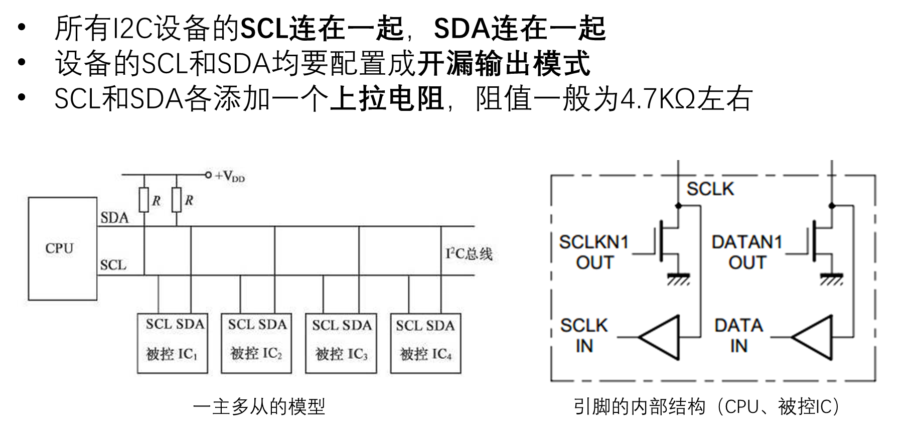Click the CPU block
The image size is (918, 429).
click(x=62, y=248)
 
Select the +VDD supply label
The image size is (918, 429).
click(x=230, y=176)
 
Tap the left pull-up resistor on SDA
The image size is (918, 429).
click(x=144, y=200)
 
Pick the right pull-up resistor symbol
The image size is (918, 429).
click(x=177, y=200)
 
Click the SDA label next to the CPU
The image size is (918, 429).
click(x=114, y=218)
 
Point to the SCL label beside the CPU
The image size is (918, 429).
click(x=113, y=265)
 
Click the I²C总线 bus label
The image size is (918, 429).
click(x=469, y=254)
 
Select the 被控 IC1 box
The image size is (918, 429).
click(x=173, y=343)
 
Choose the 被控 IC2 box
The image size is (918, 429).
click(x=256, y=343)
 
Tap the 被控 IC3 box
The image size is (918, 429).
click(x=341, y=343)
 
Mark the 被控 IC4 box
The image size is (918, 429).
click(x=425, y=343)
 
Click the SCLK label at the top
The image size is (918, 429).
click(x=710, y=189)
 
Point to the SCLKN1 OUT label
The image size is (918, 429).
click(x=594, y=252)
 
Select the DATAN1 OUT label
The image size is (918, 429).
click(x=747, y=252)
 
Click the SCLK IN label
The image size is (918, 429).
click(x=584, y=336)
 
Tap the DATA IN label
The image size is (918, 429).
click(x=738, y=336)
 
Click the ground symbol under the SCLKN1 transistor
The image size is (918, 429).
click(x=678, y=278)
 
